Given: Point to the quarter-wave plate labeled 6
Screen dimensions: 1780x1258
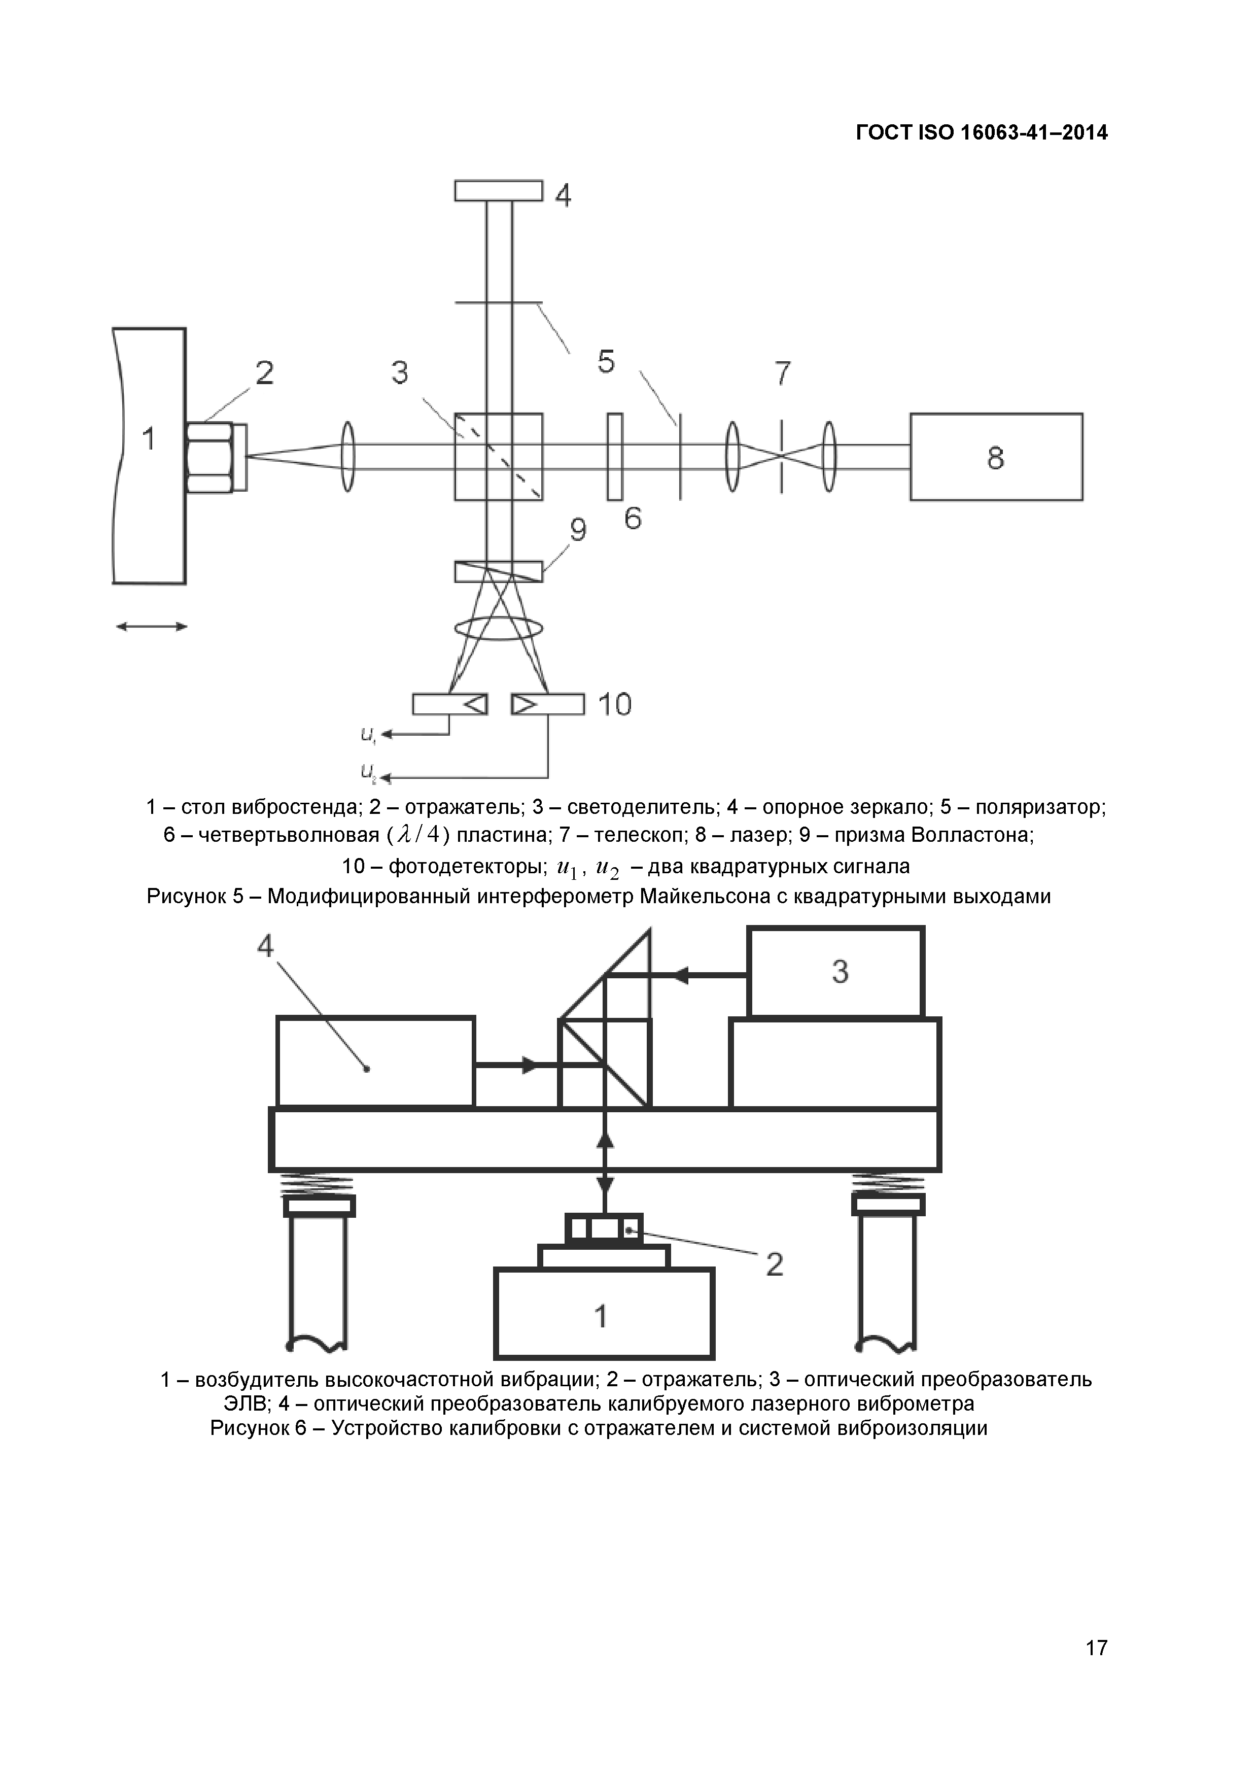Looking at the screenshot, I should coord(615,457).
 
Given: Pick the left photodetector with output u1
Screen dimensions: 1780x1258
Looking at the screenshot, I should coord(449,704).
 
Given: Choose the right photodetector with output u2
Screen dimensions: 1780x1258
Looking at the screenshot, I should coord(547,704).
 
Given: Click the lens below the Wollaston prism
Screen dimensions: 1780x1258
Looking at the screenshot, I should coord(499,629).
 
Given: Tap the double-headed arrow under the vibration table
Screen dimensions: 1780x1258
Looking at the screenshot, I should coord(151,627).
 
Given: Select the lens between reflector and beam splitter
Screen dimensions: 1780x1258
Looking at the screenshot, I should coord(348,457).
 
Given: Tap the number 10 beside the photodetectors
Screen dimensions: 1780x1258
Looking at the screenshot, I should coord(615,705).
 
